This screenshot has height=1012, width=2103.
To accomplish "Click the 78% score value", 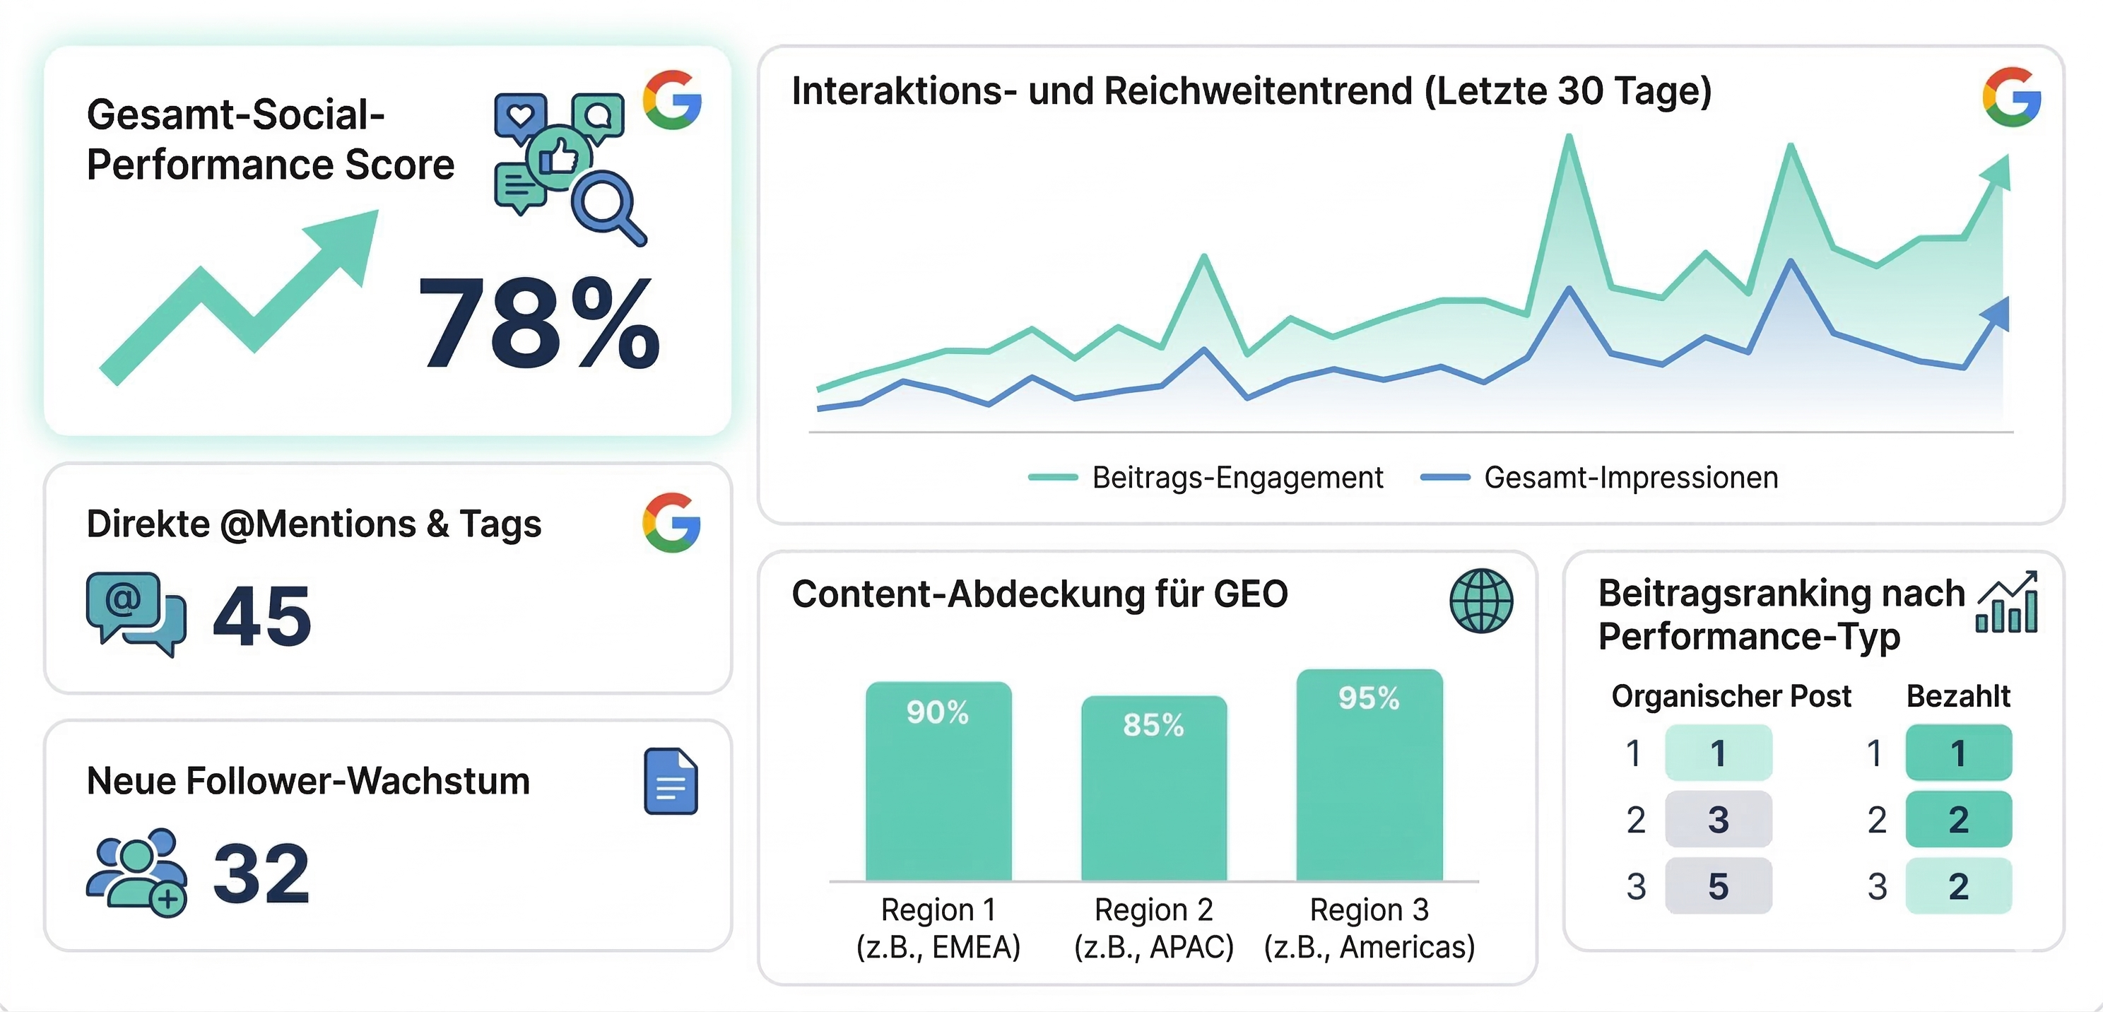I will pos(538,322).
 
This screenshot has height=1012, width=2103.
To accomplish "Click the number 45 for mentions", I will pos(262,616).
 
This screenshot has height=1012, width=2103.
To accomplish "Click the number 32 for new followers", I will pos(261,873).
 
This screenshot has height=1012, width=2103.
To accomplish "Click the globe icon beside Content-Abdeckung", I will pos(1481,601).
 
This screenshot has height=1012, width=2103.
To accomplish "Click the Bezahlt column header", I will pos(1957,696).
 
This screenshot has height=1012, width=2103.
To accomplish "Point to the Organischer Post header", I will pos(1731,696).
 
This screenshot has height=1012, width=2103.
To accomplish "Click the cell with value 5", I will pos(1718,885).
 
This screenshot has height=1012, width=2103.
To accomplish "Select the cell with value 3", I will pos(1718,819).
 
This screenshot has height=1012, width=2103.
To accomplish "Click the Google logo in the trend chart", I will pos(2010,97).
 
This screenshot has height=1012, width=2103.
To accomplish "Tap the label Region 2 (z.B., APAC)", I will pos(1153,928).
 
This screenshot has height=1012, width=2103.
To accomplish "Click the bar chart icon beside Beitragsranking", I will pos(2007,602).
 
